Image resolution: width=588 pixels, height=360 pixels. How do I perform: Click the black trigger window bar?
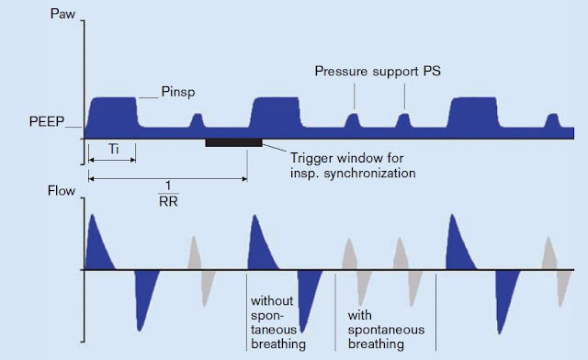tap(233, 142)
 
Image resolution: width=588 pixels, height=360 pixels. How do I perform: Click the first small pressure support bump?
tap(196, 122)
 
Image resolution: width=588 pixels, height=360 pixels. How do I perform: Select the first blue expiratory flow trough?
tap(141, 298)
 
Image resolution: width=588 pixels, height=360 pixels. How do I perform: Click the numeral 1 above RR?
tap(165, 183)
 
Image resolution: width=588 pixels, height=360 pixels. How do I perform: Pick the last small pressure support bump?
tap(552, 122)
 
